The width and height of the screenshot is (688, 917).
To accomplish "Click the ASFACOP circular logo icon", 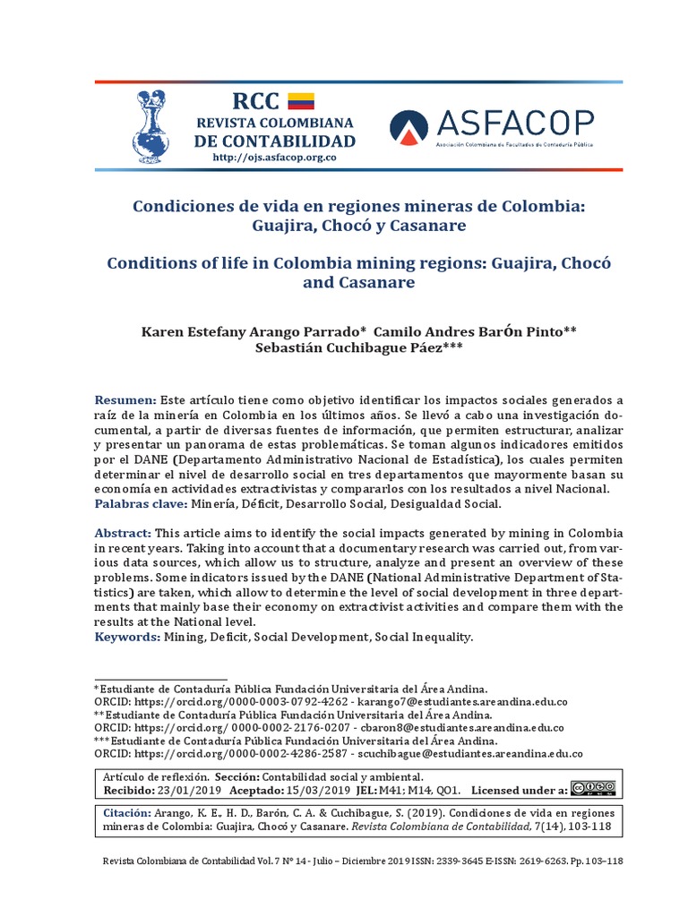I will coord(408,129).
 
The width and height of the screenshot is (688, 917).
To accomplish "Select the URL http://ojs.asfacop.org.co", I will coord(274,159).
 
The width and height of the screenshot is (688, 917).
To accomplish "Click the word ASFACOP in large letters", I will coord(516,123).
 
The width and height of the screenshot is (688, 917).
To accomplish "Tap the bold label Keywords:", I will coord(126,637).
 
